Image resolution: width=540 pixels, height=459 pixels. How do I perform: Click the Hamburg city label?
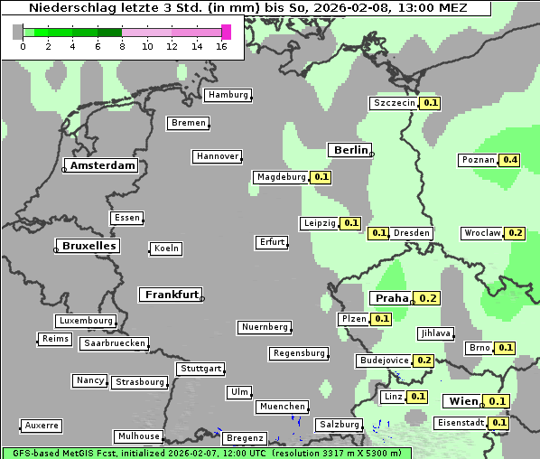tap(228, 95)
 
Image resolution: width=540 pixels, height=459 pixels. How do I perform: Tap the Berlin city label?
tap(350, 150)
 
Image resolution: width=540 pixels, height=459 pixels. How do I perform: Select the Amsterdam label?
tap(102, 165)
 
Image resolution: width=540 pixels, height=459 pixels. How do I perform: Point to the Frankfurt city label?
tap(172, 295)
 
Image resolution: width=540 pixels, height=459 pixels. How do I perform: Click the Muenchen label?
tap(283, 407)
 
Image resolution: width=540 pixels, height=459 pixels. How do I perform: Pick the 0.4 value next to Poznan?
tap(510, 160)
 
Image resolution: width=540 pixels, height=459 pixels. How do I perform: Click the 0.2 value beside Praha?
tap(428, 298)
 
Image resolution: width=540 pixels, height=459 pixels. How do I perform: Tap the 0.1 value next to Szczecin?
tap(431, 103)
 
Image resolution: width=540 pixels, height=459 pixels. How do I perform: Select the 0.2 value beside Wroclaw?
tap(516, 233)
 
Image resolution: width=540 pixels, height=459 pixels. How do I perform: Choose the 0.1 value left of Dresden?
tap(378, 233)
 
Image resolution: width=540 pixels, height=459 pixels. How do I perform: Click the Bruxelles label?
tap(88, 246)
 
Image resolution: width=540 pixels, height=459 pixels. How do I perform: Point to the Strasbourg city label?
tap(140, 382)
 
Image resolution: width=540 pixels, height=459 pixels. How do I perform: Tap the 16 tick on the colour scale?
tap(221, 46)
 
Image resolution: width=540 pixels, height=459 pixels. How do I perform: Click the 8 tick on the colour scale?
tap(122, 46)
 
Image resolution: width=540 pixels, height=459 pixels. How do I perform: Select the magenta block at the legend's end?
tap(226, 32)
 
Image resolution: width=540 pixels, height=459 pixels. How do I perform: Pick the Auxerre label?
tap(42, 425)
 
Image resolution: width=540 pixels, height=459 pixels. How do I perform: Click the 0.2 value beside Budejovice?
tap(424, 360)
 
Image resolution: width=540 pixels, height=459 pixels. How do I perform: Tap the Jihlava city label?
tap(435, 333)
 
